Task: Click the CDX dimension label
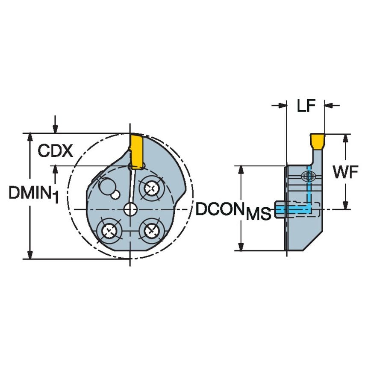55,150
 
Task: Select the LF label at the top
306,106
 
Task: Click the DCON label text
221,209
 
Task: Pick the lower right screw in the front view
151,231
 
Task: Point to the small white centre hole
130,209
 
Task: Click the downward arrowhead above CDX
55,129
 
